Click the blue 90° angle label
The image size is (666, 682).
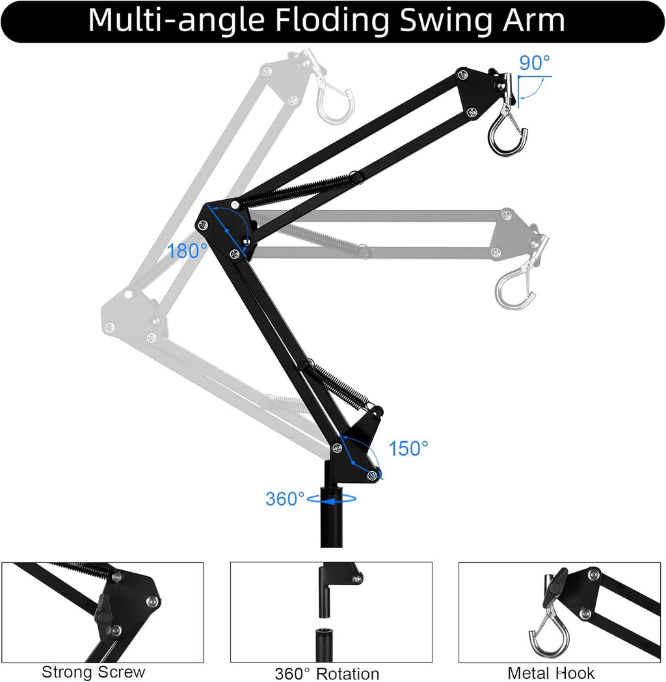[x=535, y=62]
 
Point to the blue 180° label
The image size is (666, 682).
[x=187, y=251]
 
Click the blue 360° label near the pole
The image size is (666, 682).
[x=285, y=499]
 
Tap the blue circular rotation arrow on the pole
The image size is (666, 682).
[x=332, y=499]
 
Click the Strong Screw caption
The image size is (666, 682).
[x=93, y=672]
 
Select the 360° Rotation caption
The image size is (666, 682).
[x=327, y=674]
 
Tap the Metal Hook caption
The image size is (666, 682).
[x=551, y=672]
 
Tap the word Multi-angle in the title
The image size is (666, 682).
[x=176, y=21]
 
